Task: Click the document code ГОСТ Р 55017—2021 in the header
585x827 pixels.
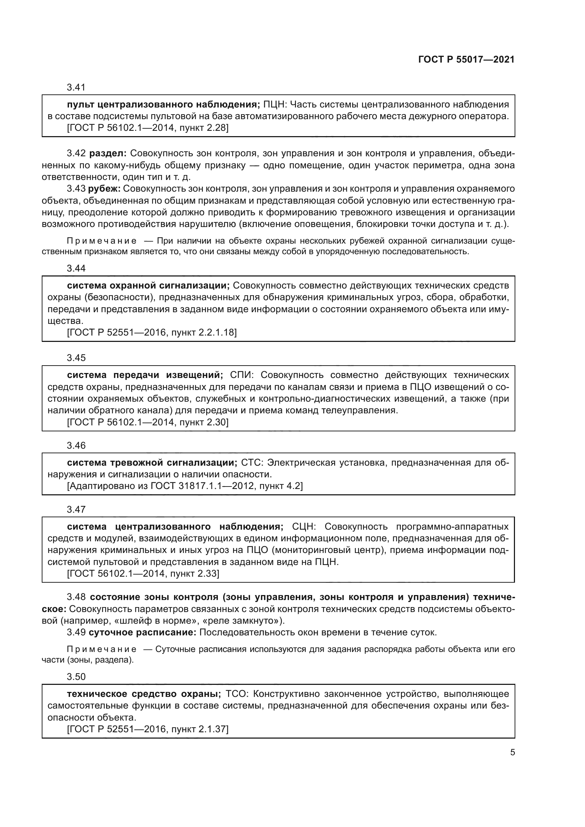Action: pos(466,60)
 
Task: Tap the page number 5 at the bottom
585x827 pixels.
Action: pos(512,752)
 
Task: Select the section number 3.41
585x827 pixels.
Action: pos(76,87)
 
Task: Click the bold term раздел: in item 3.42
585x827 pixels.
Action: pos(108,153)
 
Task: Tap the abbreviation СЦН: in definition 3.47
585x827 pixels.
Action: pos(304,526)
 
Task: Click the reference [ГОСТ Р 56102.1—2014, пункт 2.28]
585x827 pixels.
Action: pos(148,128)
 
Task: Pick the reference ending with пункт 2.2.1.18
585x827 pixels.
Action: pos(152,332)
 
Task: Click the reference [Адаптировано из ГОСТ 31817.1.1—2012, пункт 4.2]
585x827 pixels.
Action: pos(185,486)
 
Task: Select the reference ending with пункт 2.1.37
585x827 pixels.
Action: pos(148,729)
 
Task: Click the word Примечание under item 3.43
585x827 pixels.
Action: pos(102,241)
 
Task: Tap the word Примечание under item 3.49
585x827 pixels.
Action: pos(102,650)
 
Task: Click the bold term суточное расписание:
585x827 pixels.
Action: pos(142,632)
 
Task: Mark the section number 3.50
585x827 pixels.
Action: pos(76,677)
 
